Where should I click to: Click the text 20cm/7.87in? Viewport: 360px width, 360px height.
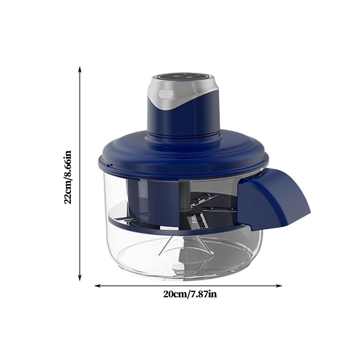[190, 294]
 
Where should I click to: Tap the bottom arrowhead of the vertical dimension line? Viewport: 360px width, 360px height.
[80, 278]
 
